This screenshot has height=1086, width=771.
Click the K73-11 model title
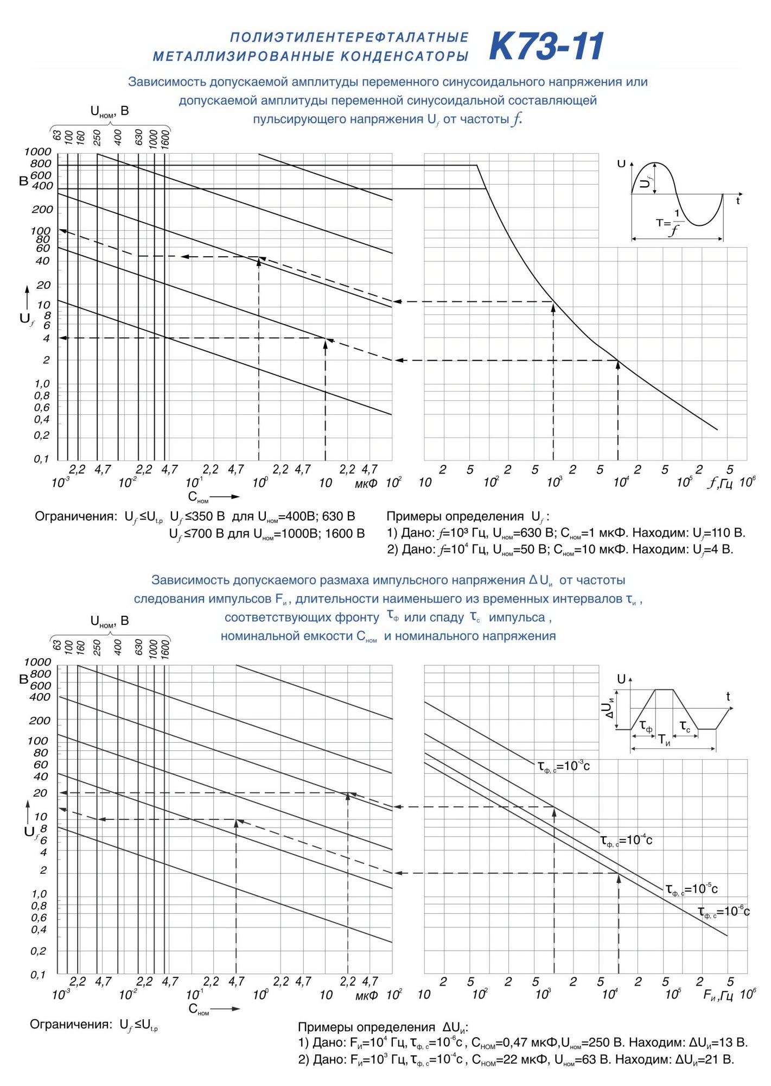click(546, 47)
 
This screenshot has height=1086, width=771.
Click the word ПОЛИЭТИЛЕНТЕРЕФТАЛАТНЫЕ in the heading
click(349, 37)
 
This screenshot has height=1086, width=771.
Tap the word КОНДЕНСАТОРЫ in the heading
click(404, 56)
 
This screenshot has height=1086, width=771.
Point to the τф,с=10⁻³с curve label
click(563, 766)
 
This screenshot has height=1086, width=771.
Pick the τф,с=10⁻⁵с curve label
click(691, 889)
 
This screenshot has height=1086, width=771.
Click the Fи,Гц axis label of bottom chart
click(718, 995)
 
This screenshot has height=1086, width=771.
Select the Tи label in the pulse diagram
click(664, 740)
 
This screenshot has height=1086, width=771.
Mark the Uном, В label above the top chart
click(110, 112)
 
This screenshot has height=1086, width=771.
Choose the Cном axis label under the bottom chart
click(199, 1009)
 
